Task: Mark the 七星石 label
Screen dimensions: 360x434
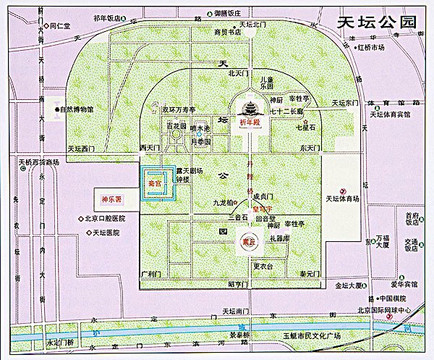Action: pyautogui.click(x=306, y=127)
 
